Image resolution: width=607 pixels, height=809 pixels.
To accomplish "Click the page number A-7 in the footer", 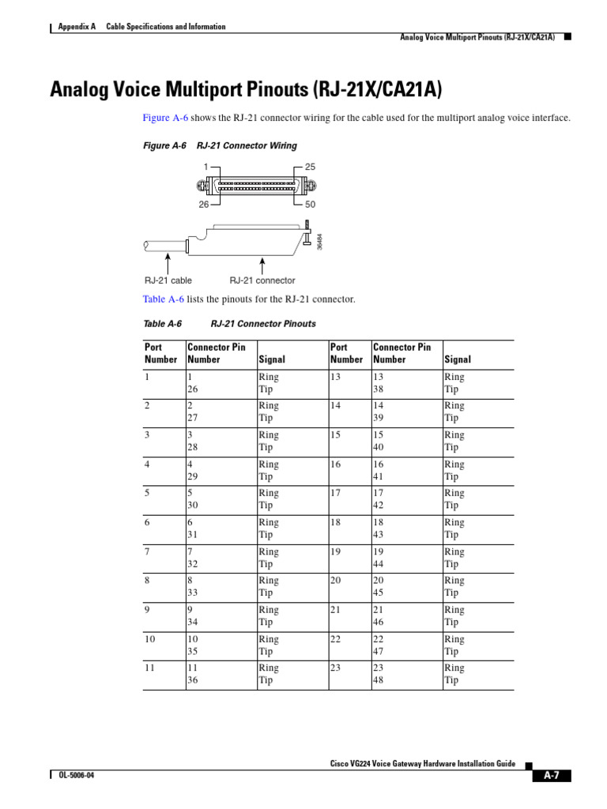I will pos(551,775).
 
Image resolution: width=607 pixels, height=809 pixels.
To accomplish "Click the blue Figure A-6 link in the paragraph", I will pos(165,118).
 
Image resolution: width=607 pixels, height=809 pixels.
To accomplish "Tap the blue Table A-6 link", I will pos(163,299).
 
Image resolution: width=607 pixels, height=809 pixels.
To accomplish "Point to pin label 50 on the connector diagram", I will pos(310,204).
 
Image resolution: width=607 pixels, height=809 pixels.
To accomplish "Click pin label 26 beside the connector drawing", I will pos(204,204).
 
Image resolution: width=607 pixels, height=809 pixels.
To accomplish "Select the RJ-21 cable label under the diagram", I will pos(168,280).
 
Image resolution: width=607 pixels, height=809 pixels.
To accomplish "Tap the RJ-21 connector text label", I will pos(262,280).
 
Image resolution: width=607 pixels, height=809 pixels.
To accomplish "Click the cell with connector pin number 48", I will pos(378,680).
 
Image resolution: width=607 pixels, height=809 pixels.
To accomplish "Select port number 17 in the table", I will pos(336,493).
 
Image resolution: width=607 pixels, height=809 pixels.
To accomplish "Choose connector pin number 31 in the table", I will pos(192,535).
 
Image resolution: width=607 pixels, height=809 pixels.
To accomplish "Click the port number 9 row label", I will pos(147,610).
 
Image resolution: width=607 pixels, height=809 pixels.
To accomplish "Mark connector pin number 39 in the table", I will pos(378,418).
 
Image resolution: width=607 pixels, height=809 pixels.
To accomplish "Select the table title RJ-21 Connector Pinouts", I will pos(263,324).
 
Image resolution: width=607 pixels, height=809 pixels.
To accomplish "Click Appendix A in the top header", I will pos(77,27).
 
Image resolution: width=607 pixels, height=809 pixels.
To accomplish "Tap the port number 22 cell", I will pos(336,639).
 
